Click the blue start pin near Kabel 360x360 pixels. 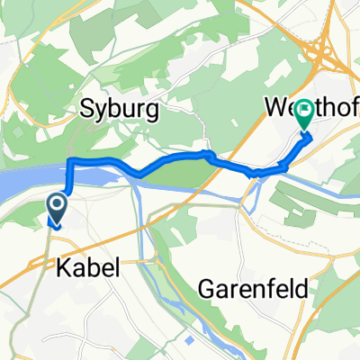(x=57, y=211)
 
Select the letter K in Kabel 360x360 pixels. (x=62, y=267)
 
